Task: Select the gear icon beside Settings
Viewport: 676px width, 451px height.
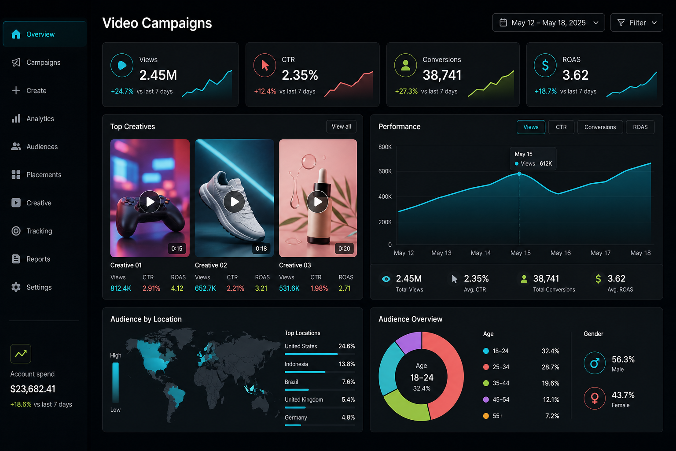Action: click(x=16, y=287)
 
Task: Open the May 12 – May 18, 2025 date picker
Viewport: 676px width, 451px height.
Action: click(x=548, y=22)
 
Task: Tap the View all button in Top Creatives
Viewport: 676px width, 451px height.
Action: click(x=341, y=126)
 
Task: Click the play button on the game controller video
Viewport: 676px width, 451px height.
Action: click(x=150, y=201)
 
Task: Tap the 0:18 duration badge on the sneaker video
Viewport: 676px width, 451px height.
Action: click(x=261, y=248)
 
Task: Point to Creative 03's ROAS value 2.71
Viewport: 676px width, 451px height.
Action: click(x=345, y=288)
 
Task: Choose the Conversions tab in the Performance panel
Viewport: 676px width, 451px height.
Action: click(x=600, y=127)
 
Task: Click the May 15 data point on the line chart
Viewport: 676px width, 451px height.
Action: click(x=519, y=174)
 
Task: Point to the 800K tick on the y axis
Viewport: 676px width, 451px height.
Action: click(x=385, y=147)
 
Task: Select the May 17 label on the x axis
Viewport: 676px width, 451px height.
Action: click(x=600, y=253)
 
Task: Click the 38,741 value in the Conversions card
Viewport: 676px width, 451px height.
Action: click(x=442, y=75)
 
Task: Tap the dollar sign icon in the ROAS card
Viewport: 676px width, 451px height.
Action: click(x=545, y=65)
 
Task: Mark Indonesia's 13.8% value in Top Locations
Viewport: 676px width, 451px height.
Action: click(x=347, y=364)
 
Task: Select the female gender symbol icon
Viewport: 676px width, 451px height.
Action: click(x=595, y=398)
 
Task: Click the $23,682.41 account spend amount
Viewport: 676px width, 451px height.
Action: click(x=33, y=389)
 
